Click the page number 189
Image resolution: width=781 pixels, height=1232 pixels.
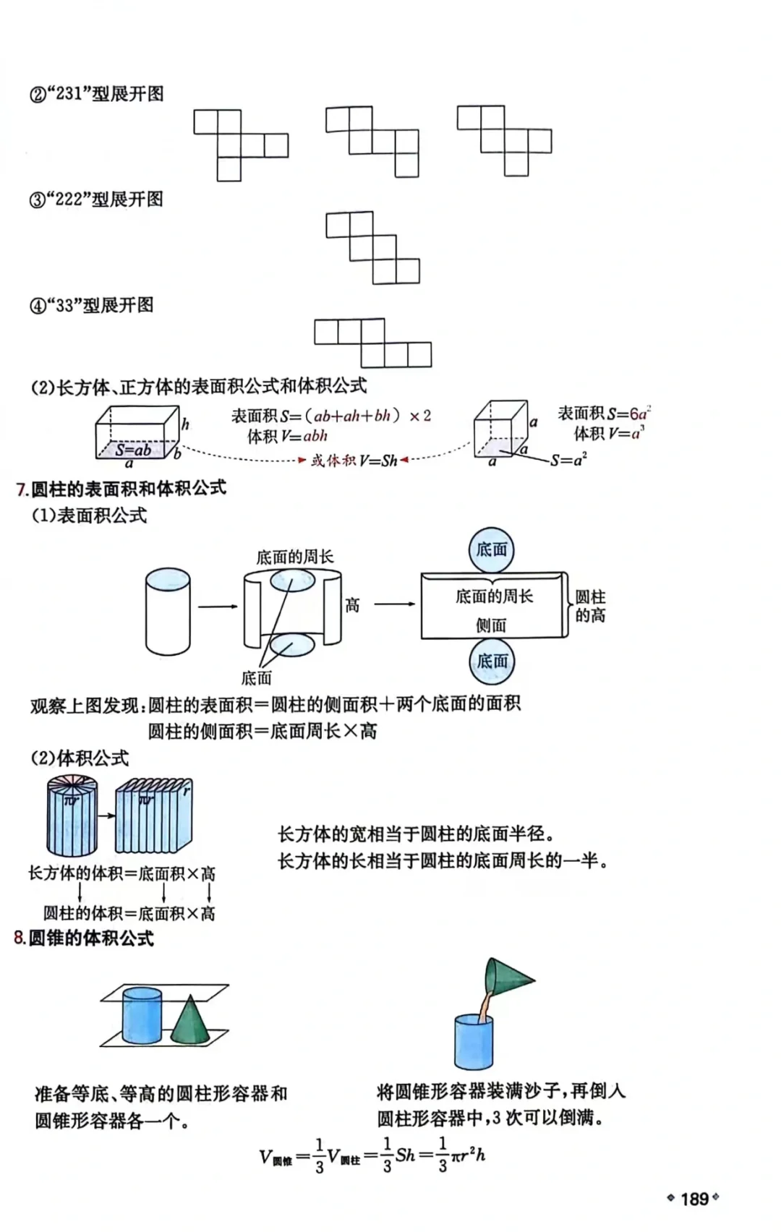pyautogui.click(x=693, y=1199)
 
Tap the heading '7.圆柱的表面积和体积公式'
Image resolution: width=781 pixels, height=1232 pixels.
pyautogui.click(x=121, y=489)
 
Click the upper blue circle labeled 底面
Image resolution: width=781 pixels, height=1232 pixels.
pyautogui.click(x=492, y=549)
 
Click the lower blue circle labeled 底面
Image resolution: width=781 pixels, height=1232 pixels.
pyautogui.click(x=492, y=661)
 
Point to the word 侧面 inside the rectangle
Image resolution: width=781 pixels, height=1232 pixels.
pyautogui.click(x=491, y=625)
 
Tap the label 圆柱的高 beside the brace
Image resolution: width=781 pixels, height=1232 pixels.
pyautogui.click(x=590, y=606)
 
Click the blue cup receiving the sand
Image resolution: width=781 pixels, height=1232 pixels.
pyautogui.click(x=474, y=1042)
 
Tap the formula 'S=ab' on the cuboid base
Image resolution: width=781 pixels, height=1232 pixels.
pyautogui.click(x=134, y=450)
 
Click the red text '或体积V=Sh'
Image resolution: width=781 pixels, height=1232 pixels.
pyautogui.click(x=354, y=461)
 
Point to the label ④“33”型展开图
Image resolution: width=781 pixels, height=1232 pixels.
pyautogui.click(x=92, y=305)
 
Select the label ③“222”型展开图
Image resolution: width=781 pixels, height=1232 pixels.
pyautogui.click(x=96, y=200)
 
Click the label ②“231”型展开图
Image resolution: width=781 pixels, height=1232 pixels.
pyautogui.click(x=96, y=94)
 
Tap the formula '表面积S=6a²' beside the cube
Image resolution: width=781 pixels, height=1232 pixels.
pyautogui.click(x=605, y=414)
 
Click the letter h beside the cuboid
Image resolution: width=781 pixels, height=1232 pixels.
pyautogui.click(x=185, y=424)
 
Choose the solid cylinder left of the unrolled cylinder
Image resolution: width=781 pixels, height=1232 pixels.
pyautogui.click(x=168, y=611)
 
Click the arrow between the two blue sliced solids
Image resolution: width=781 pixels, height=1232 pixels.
pyautogui.click(x=107, y=816)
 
